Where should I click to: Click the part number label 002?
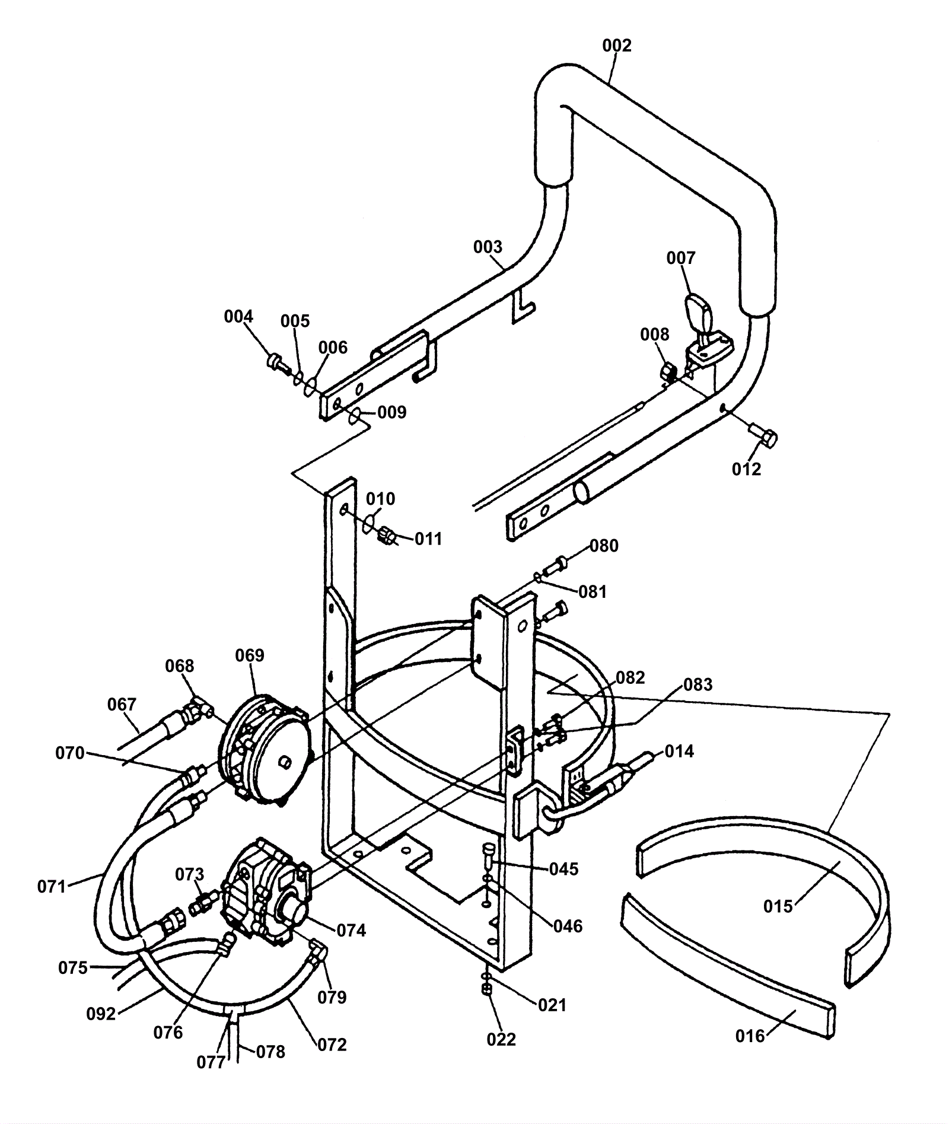coord(617,46)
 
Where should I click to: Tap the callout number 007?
coord(680,258)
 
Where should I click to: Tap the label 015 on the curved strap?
coord(778,906)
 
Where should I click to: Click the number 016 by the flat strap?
coord(750,1036)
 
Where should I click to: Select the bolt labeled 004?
coord(278,362)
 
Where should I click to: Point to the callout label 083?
coord(698,685)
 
